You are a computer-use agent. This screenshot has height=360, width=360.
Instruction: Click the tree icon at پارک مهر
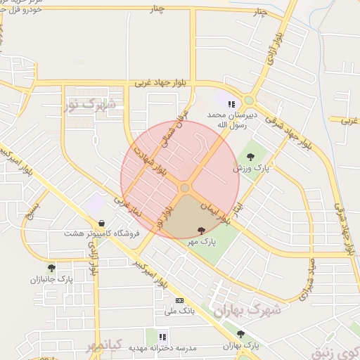pos(202,230)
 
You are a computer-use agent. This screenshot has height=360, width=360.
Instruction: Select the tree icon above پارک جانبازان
pos(51,268)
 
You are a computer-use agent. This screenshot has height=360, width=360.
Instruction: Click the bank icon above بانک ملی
pos(179,299)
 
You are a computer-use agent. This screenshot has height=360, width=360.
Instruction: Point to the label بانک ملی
pos(179,310)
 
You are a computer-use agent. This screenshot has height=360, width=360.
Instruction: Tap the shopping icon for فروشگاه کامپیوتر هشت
pos(103,223)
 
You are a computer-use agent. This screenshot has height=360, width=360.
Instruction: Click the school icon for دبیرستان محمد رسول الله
pos(231,104)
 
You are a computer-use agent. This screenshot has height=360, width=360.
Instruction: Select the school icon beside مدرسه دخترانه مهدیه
pos(163,337)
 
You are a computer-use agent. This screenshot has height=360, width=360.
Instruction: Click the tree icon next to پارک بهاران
pos(241,335)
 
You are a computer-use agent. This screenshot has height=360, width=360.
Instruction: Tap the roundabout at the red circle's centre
pos(185,188)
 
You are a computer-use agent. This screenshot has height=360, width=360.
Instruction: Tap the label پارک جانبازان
pos(51,279)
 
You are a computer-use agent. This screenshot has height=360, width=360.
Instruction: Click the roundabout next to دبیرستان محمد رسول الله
pos(249,101)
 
